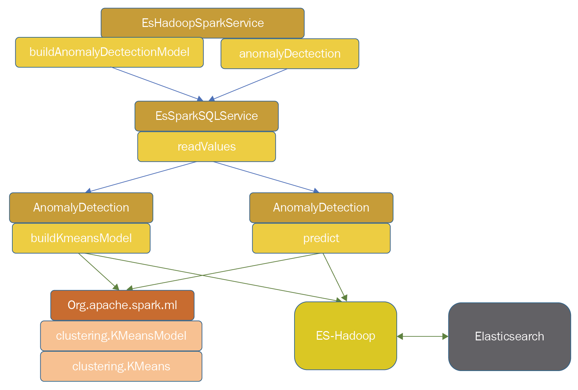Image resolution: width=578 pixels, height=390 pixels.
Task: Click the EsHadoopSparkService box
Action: [203, 23]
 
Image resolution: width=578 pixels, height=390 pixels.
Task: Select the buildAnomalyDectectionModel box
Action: [109, 52]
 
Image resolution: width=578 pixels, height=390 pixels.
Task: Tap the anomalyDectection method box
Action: [290, 54]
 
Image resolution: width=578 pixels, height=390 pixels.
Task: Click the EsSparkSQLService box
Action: [207, 116]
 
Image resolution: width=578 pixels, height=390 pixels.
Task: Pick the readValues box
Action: [207, 147]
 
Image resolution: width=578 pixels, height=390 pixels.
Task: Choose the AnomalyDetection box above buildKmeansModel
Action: [81, 207]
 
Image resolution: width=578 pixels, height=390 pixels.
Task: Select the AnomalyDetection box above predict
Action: [321, 207]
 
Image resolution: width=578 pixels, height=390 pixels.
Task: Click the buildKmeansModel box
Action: [81, 238]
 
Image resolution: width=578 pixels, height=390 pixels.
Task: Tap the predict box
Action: [321, 238]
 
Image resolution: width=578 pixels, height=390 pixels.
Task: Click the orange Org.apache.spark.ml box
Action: [122, 305]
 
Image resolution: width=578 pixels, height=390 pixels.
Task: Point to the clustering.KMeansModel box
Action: [121, 336]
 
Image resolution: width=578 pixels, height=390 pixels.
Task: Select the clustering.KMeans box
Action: [121, 366]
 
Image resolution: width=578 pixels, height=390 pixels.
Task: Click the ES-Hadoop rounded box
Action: [345, 336]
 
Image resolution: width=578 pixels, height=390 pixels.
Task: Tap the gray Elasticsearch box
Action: [509, 336]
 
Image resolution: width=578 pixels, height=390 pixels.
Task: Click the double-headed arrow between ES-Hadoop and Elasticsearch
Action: [422, 336]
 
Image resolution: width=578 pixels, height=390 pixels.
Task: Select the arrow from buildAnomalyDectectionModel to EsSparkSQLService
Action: [157, 84]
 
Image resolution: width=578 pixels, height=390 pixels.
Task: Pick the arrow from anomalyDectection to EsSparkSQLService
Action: [250, 84]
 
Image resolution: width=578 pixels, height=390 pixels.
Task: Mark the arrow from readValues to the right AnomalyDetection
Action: [265, 177]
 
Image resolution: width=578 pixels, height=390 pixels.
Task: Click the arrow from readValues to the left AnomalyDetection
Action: [142, 177]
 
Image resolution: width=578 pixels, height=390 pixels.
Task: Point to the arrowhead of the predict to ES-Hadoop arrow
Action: [345, 298]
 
